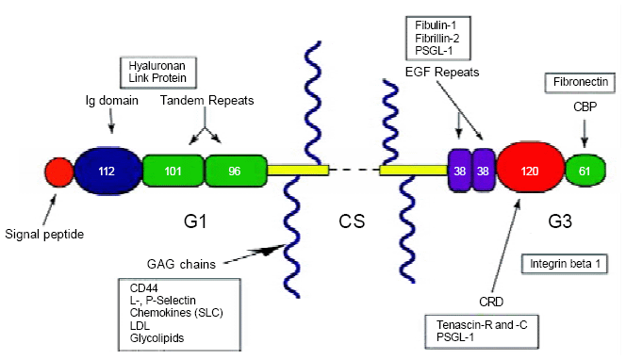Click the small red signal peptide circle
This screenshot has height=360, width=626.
[x=58, y=172]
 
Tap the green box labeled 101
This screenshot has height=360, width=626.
[x=173, y=171]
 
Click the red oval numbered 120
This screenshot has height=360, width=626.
[x=529, y=171]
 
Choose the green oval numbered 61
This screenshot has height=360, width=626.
[x=586, y=171]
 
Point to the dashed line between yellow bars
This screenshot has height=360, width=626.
[x=354, y=171]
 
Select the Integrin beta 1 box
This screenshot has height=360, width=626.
[x=562, y=263]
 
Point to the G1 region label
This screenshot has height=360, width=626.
[x=193, y=223]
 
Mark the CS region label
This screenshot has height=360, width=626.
[x=351, y=223]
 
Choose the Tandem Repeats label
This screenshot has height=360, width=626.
[x=206, y=99]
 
